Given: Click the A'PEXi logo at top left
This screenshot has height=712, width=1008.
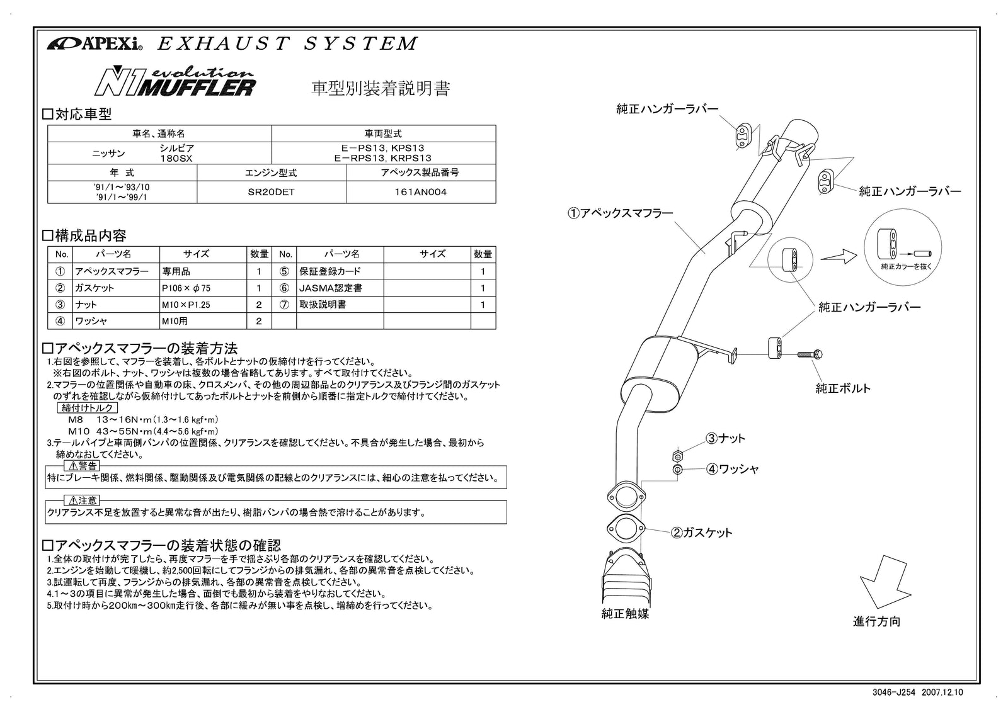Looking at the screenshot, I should tap(94, 44).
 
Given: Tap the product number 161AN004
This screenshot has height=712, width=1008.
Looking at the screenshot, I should tap(420, 193).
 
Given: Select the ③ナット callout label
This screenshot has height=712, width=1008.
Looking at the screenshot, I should tap(724, 438).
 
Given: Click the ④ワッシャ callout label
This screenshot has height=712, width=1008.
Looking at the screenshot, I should tap(731, 469).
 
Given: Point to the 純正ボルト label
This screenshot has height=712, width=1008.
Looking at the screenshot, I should tap(843, 388).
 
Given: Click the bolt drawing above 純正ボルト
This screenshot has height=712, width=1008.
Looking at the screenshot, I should tap(810, 354).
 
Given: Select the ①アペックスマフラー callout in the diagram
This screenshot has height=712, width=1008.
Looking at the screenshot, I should tap(621, 213).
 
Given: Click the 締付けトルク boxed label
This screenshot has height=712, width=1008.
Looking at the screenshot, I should tap(86, 408).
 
